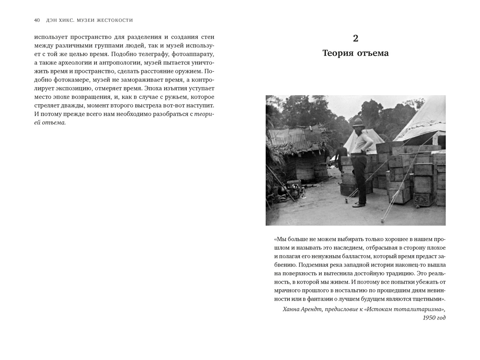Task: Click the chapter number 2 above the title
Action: point(356,38)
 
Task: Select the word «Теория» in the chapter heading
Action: point(337,53)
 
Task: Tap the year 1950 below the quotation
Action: point(429,318)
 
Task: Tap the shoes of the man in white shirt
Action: point(359,204)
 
